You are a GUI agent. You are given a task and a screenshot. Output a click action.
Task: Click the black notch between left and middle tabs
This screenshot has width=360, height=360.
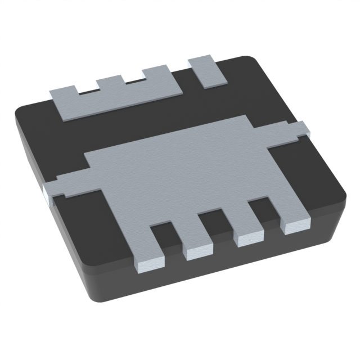pyautogui.click(x=87, y=90)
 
